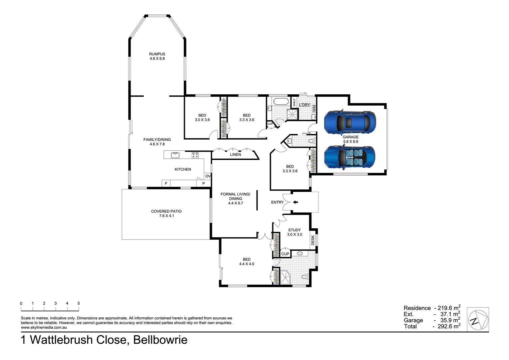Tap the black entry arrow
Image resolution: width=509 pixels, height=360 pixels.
click(295, 202)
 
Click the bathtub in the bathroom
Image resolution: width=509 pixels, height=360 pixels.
click(281, 101)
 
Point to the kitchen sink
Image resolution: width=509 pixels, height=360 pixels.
click(175, 155)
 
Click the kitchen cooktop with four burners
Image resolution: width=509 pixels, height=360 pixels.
click(195, 155)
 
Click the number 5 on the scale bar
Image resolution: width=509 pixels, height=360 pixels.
click(79, 303)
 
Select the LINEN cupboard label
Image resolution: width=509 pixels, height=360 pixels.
click(236, 155)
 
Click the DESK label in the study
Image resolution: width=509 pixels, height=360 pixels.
click(313, 240)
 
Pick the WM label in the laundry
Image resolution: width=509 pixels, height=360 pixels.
click(314, 108)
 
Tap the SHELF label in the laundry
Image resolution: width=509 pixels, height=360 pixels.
click(294, 102)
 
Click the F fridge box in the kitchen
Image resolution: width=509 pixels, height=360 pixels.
click(166, 183)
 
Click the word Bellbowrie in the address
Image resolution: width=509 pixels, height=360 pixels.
click(160, 340)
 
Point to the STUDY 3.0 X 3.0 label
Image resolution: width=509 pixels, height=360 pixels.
click(294, 232)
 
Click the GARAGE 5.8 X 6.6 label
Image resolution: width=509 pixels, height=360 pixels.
click(351, 139)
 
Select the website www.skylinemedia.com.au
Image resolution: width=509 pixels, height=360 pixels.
click(44, 327)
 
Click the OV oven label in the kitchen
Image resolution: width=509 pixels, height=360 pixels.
click(208, 176)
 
